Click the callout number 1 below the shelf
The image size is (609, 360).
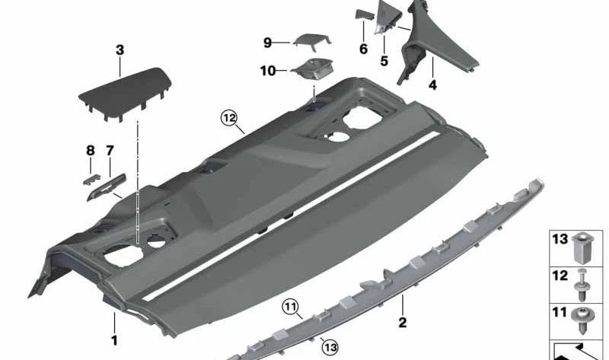(x=114, y=340)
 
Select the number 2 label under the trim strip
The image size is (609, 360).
(x=403, y=323)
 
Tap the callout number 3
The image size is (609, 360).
(x=120, y=50)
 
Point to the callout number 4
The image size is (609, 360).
(x=432, y=85)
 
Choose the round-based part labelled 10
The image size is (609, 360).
(x=311, y=72)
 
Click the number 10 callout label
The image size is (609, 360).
(x=267, y=72)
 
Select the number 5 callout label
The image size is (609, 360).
(x=384, y=60)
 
